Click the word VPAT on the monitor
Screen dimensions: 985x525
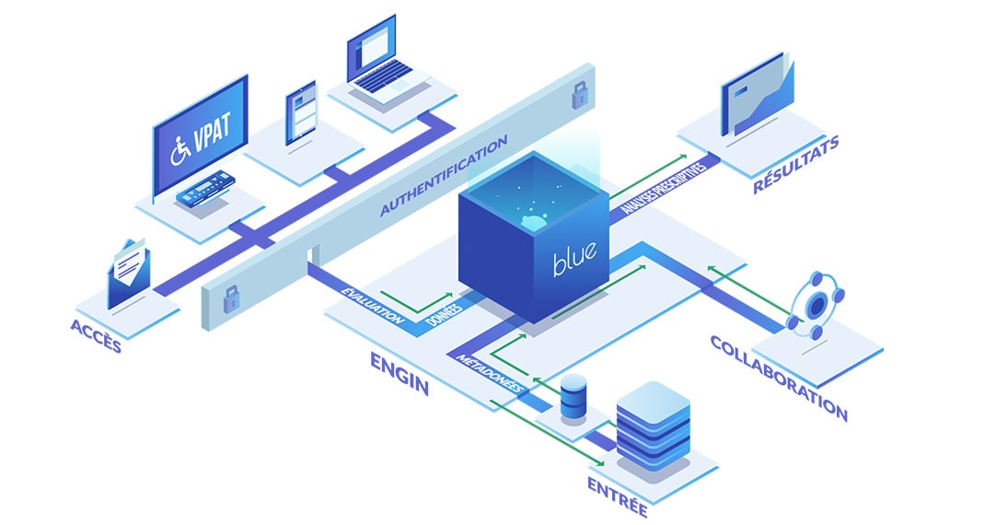[x=212, y=134]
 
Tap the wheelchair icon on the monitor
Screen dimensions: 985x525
[x=180, y=151]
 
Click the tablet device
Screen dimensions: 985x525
[x=301, y=112]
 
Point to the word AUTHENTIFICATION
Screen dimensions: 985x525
[x=444, y=176]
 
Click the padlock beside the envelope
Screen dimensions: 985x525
[x=231, y=298]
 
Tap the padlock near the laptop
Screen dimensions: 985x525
[x=579, y=94]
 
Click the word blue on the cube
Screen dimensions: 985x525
[x=574, y=258]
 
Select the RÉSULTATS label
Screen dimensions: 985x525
[x=796, y=165]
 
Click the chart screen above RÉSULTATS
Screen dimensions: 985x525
[x=757, y=94]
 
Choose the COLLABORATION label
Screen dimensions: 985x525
[x=779, y=378]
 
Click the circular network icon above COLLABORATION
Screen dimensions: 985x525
[x=816, y=306]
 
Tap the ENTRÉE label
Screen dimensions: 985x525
[x=618, y=496]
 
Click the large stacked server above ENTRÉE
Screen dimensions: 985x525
[x=653, y=426]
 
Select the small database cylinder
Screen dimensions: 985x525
[x=573, y=397]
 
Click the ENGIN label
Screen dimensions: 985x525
[x=400, y=373]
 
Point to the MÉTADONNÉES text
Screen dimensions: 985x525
[x=490, y=373]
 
